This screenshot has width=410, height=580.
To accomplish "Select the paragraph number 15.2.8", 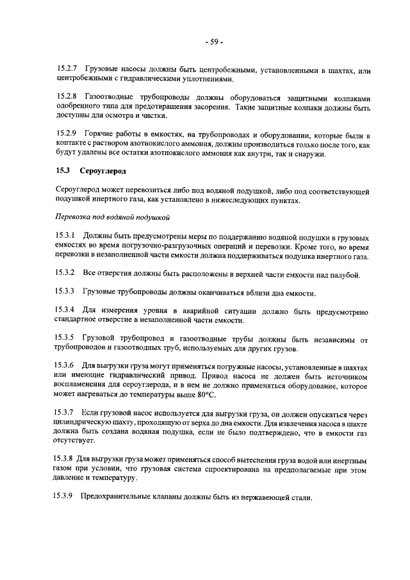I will pos(67,97).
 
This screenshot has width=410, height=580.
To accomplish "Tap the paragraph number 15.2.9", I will pos(67,133).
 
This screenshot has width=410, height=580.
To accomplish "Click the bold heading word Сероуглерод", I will pos(104,172).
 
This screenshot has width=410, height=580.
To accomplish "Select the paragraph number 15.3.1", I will pos(67,236).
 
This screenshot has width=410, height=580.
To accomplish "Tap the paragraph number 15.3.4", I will pos(67,310).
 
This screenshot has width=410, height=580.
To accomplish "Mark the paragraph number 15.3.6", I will pos(67,365).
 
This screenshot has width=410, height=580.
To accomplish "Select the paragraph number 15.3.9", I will pos(67,497).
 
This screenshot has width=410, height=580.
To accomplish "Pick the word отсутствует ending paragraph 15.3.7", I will pos(74,441).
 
